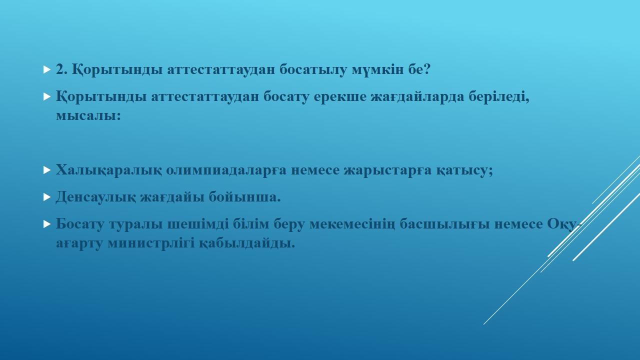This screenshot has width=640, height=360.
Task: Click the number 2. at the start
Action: point(61,69)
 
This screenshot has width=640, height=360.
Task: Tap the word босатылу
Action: point(313,69)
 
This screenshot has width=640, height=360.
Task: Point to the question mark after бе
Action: point(427,69)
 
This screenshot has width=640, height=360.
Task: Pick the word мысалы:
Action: point(88,115)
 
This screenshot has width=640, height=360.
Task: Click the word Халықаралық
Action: point(109,170)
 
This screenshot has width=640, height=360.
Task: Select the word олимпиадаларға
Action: point(226,170)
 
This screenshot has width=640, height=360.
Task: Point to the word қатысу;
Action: point(464,170)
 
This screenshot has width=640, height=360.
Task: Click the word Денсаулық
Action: point(96,197)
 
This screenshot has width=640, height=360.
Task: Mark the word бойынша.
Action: point(244,196)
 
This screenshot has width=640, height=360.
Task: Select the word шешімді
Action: point(198,224)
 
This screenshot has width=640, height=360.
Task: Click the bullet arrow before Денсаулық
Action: point(47,197)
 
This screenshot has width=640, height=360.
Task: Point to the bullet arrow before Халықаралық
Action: point(47,170)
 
